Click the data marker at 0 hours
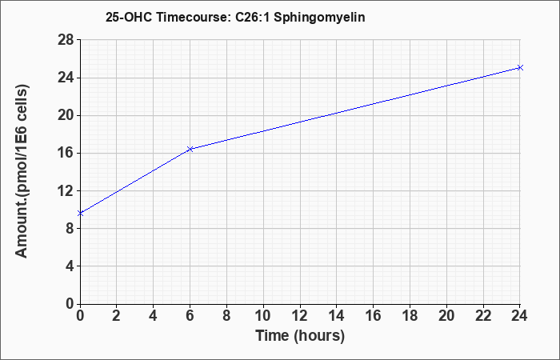(80, 214)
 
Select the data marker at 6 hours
(190, 149)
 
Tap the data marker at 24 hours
(520, 67)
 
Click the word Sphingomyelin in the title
(319, 18)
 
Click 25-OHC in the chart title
(129, 17)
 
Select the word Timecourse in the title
(194, 17)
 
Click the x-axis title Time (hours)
(300, 336)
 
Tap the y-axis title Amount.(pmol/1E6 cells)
(22, 171)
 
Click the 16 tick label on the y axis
(66, 154)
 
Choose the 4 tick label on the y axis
(70, 266)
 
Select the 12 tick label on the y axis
(66, 190)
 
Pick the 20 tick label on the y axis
(66, 115)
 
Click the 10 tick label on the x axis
(263, 316)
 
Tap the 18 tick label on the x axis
(410, 316)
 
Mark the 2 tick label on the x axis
(117, 316)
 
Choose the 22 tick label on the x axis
(483, 316)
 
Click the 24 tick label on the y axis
(66, 78)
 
